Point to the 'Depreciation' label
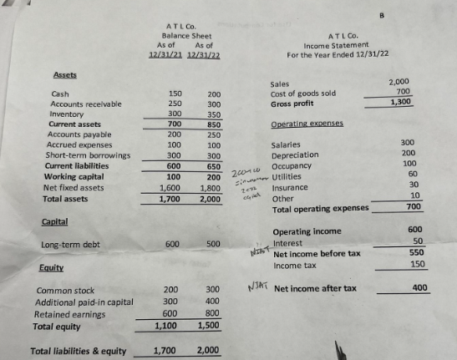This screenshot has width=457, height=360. (295, 155)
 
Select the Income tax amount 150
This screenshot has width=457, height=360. (414, 265)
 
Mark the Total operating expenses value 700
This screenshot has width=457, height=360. (413, 206)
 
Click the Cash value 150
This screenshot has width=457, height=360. (175, 94)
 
